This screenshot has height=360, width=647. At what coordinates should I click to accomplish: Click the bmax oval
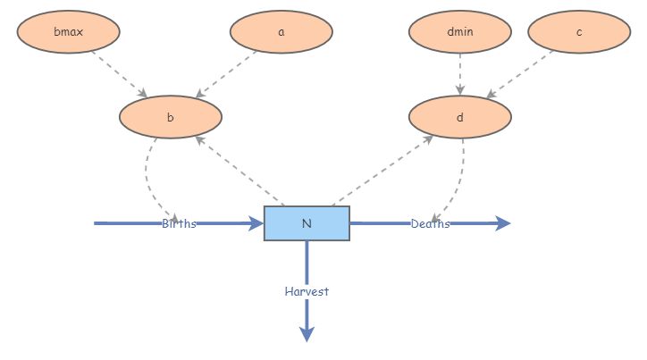tap(68, 32)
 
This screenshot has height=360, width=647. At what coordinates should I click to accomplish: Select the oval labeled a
tap(281, 32)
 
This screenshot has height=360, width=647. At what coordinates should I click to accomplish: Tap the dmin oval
tap(460, 32)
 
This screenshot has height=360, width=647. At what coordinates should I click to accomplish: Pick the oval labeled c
tap(579, 32)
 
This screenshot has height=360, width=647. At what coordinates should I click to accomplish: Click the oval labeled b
tap(170, 117)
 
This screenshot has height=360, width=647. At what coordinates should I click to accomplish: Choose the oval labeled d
tap(460, 117)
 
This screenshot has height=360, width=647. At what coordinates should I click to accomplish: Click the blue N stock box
tap(307, 223)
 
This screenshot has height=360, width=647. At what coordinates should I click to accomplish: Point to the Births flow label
tap(179, 223)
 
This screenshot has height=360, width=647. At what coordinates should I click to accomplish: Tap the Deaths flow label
tap(430, 223)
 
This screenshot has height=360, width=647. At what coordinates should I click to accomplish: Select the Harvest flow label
tap(307, 291)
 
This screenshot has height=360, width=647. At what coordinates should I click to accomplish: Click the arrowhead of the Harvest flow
tap(307, 334)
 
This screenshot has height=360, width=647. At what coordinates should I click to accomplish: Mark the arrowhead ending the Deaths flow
tap(503, 223)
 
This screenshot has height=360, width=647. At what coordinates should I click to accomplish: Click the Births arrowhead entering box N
tap(256, 223)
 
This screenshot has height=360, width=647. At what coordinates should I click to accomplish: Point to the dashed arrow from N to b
tap(239, 171)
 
